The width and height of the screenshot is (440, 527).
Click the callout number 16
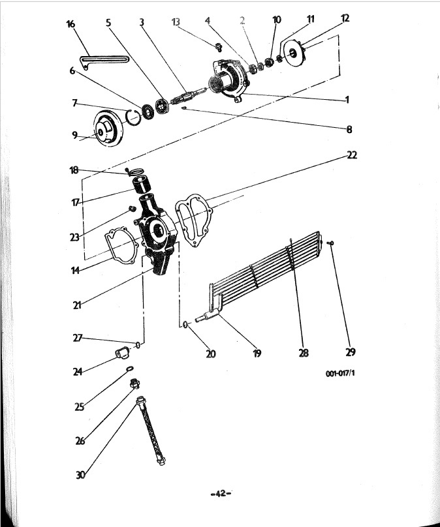(x=71, y=25)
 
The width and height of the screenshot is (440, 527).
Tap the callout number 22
(x=353, y=155)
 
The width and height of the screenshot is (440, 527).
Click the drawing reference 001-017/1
(x=339, y=374)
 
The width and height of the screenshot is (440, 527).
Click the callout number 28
(x=303, y=353)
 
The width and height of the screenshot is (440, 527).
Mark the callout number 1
(x=347, y=100)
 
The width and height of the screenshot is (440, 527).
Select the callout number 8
(x=350, y=129)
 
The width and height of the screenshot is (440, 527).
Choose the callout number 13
(x=175, y=22)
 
